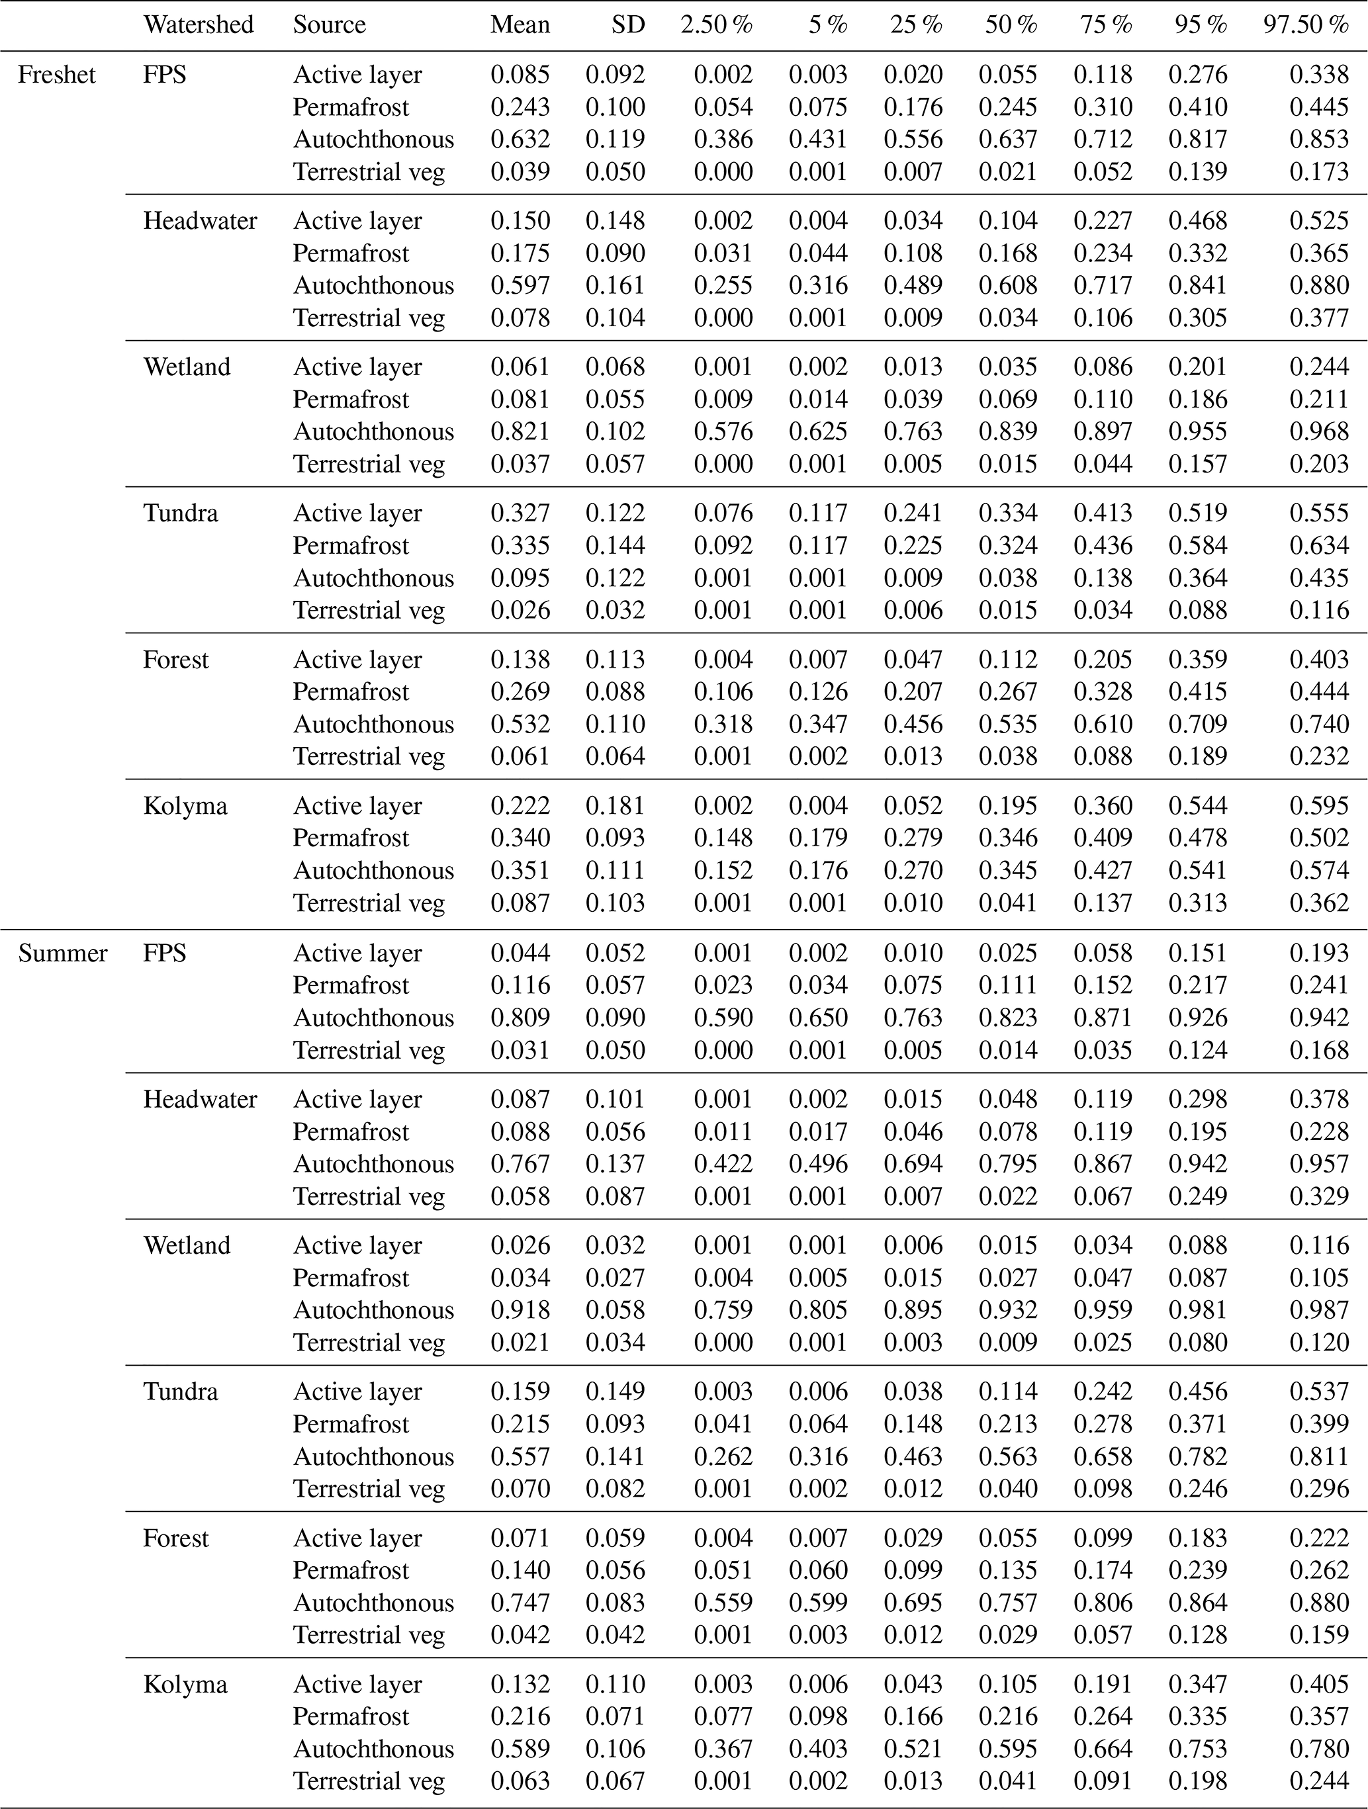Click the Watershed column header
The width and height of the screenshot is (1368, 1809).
coord(198,24)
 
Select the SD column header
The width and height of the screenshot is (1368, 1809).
coord(627,24)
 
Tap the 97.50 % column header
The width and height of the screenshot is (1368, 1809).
coord(1305,24)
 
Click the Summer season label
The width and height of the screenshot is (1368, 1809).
coord(63,953)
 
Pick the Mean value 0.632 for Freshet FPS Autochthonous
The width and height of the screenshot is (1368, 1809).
coord(520,139)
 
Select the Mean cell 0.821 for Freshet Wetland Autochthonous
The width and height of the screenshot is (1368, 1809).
coord(520,432)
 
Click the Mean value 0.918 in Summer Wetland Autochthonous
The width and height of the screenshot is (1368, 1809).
coord(520,1310)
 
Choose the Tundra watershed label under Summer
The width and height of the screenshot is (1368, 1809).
coord(181,1391)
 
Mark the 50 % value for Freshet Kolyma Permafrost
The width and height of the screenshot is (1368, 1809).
coord(1008,838)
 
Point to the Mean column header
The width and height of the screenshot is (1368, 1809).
coord(520,24)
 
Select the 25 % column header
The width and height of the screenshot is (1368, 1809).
coord(917,24)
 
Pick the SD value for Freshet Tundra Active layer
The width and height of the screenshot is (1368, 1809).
coord(616,513)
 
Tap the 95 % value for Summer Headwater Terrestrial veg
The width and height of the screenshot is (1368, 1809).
coord(1198,1196)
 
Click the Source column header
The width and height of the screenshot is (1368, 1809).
coord(329,24)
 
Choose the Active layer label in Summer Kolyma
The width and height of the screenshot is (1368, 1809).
coord(357,1684)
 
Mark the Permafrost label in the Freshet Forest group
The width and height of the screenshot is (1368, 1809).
coord(350,692)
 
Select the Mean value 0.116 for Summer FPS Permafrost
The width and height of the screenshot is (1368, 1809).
coord(520,985)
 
